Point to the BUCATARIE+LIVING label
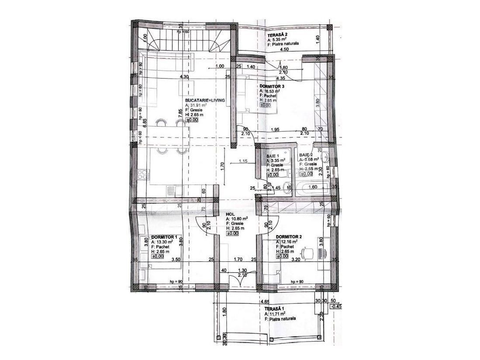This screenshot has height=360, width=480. tap(205, 100)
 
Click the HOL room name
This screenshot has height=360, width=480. tap(230, 214)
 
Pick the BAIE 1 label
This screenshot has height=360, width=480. tap(273, 156)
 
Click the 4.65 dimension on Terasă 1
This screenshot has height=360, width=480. tap(264, 302)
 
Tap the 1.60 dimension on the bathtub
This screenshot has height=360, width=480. tap(312, 187)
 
